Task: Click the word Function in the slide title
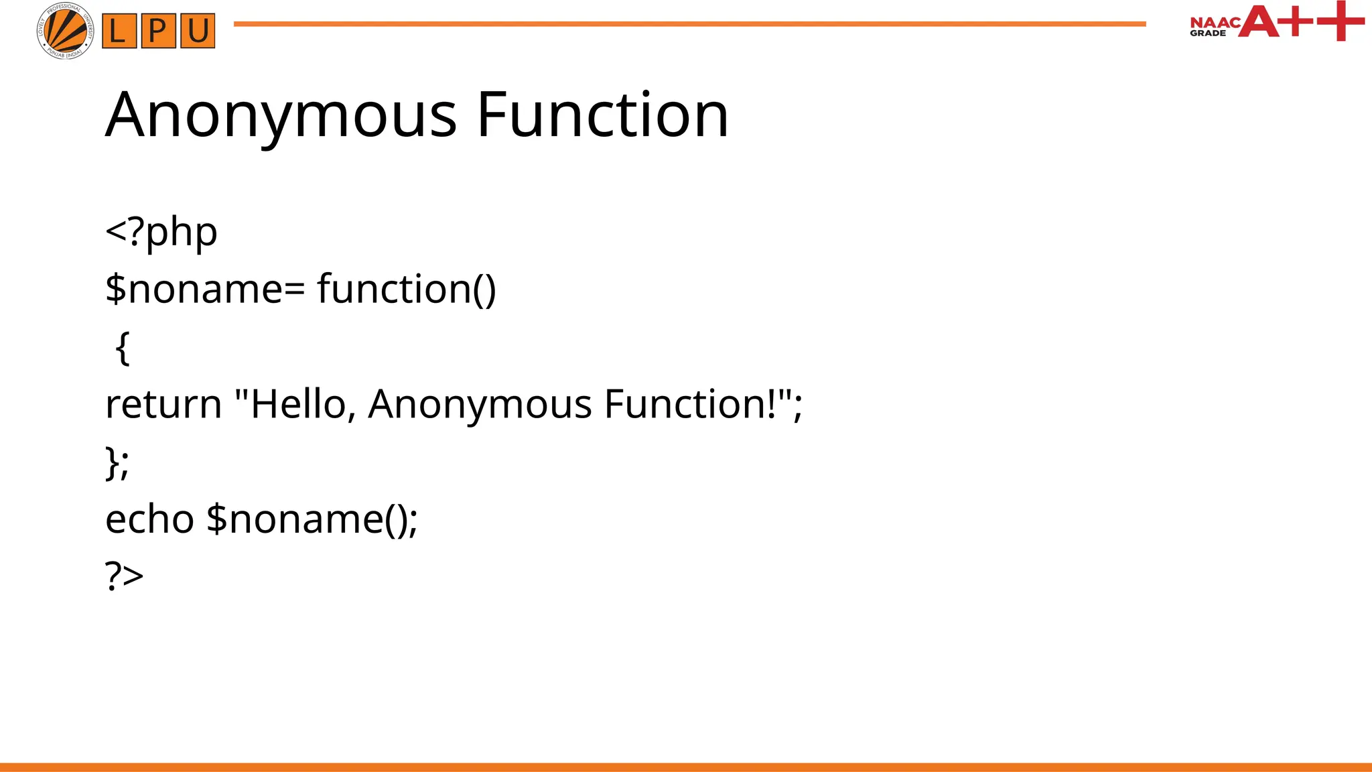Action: point(602,115)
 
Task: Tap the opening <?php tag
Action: point(161,232)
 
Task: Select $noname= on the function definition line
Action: point(205,289)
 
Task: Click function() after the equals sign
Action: point(407,289)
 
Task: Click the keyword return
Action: point(163,404)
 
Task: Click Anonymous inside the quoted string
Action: point(480,404)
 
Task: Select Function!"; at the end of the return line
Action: point(703,404)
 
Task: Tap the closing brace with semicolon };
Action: point(117,462)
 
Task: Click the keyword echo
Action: point(149,519)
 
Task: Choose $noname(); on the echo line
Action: point(312,519)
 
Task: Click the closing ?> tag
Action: point(125,576)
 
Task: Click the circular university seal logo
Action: point(65,31)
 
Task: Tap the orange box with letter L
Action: point(119,31)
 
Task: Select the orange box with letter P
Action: point(159,31)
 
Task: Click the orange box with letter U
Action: point(198,31)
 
